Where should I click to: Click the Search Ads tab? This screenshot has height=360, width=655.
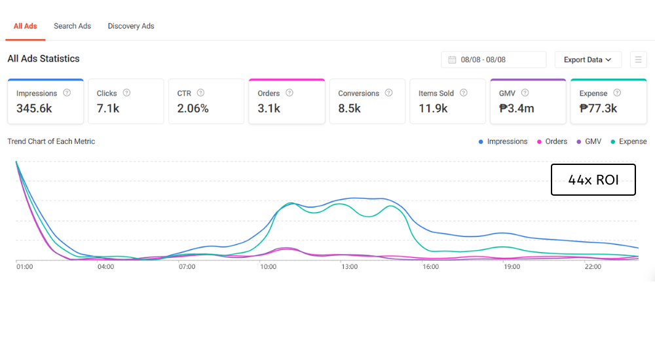coord(72,26)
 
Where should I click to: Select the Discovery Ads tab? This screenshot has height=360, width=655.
coord(131,26)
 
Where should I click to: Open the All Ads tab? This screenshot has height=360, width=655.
coord(26,26)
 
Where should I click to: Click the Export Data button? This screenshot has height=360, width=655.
coord(588,60)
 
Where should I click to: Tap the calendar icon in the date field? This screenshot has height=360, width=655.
coord(452,60)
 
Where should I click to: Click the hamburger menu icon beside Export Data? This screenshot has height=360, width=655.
coord(638,60)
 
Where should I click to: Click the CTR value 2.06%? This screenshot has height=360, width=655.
coord(193,109)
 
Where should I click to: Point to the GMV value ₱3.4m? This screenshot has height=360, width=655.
coord(516,109)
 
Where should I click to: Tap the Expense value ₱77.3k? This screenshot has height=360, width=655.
coord(598,109)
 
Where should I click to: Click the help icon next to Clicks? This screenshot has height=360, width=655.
coord(126,93)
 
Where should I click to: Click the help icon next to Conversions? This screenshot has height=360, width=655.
coord(389,93)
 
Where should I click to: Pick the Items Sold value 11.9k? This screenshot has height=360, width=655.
coord(433,109)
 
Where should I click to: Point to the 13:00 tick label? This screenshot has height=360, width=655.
coord(349,267)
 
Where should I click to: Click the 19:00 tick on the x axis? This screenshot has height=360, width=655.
coord(512,267)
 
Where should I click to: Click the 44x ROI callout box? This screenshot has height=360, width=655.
coord(593,180)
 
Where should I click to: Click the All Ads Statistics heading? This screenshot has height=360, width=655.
coord(43,59)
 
